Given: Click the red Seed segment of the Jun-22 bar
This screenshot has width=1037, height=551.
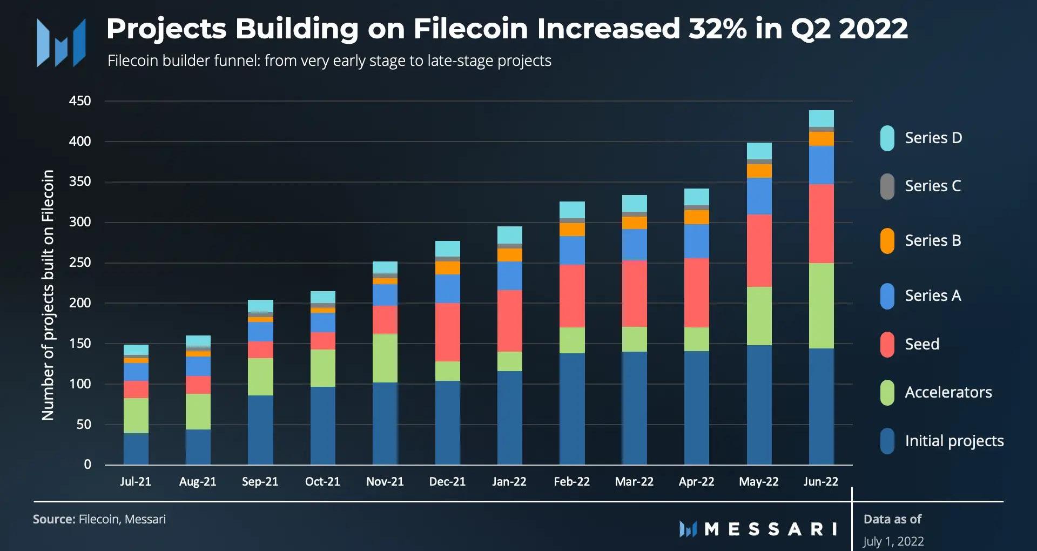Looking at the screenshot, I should pyautogui.click(x=821, y=224).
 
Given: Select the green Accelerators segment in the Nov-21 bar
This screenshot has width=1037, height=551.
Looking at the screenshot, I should pyautogui.click(x=385, y=358).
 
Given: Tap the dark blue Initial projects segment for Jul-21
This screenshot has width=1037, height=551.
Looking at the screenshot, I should pyautogui.click(x=136, y=448).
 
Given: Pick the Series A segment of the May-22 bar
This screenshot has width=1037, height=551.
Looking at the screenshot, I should pyautogui.click(x=759, y=196).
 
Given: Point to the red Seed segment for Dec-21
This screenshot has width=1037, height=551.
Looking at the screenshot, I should pyautogui.click(x=447, y=332).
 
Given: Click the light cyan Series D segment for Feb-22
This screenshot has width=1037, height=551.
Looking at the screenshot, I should pyautogui.click(x=572, y=210).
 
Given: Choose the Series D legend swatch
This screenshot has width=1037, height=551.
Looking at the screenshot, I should pyautogui.click(x=887, y=138).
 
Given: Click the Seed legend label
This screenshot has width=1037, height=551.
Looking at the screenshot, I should pyautogui.click(x=921, y=344).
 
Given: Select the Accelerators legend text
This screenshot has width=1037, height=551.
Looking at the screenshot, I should pyautogui.click(x=948, y=392).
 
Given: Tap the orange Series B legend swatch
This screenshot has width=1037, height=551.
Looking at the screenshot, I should pyautogui.click(x=887, y=241).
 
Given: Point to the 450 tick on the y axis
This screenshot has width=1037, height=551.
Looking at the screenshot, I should pyautogui.click(x=80, y=101).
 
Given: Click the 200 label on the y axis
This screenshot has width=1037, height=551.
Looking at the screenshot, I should pyautogui.click(x=80, y=303).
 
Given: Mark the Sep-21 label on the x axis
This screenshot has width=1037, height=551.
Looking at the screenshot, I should pyautogui.click(x=260, y=481).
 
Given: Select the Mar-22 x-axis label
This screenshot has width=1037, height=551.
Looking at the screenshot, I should pyautogui.click(x=634, y=481).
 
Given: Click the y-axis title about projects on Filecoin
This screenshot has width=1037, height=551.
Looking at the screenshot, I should pyautogui.click(x=48, y=295).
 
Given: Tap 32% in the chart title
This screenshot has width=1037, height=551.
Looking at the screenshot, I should pyautogui.click(x=717, y=29).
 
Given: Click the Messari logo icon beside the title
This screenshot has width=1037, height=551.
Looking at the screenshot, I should pyautogui.click(x=60, y=42).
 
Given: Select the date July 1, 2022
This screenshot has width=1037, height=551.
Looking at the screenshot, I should pyautogui.click(x=893, y=541).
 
